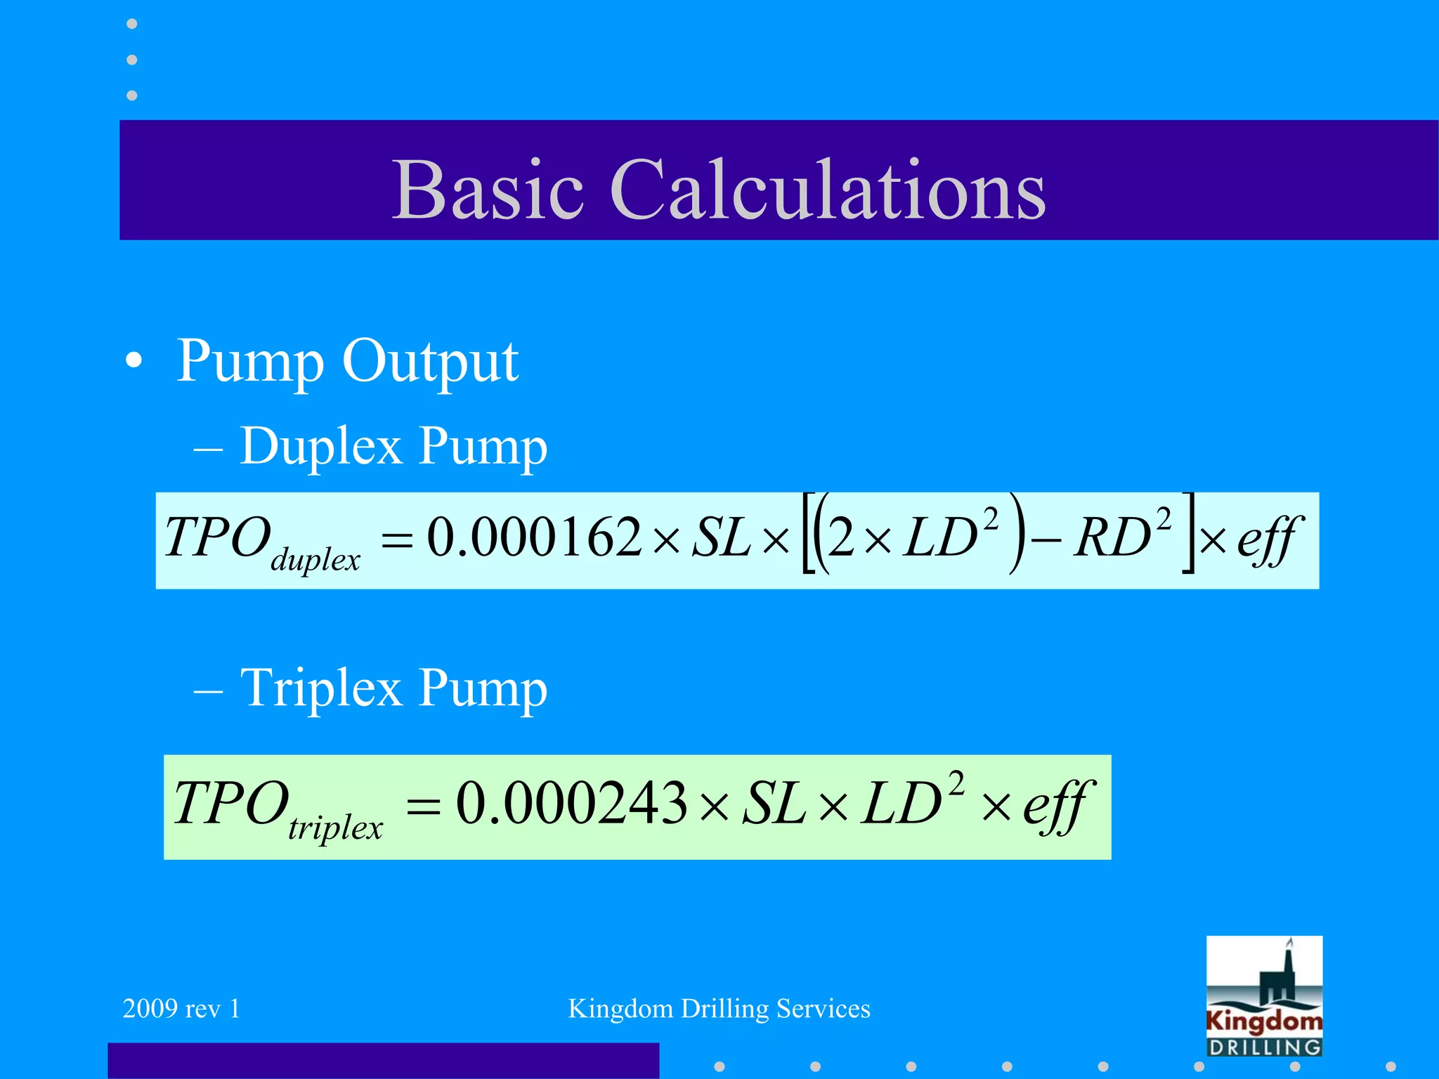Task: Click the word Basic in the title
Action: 488,190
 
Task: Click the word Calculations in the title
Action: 828,190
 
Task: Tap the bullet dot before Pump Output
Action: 134,362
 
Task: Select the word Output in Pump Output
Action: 430,362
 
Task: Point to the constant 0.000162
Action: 534,538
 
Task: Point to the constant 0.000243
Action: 571,803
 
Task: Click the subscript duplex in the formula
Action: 315,561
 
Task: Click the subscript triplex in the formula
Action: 335,828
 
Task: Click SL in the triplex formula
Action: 774,803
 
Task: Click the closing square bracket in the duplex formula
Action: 1187,534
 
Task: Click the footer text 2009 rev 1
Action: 181,1009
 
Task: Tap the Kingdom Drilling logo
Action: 1264,996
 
